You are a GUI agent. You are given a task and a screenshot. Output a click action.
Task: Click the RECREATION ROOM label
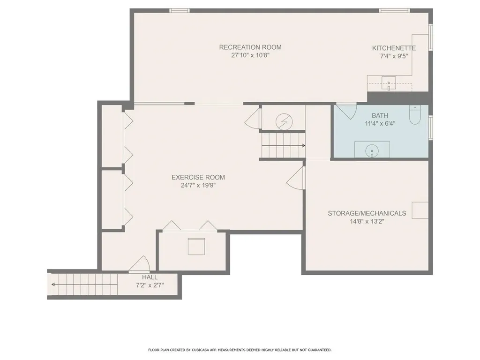pyautogui.click(x=250, y=47)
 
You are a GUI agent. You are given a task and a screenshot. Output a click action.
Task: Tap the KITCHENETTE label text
pyautogui.click(x=394, y=48)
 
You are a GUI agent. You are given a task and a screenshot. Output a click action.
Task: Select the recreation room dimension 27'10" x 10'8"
pyautogui.click(x=250, y=55)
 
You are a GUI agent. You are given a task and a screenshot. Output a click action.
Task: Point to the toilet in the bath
pyautogui.click(x=415, y=115)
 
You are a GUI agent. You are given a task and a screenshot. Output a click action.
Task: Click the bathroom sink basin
pyautogui.click(x=372, y=151)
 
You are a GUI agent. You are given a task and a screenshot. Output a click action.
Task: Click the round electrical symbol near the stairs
pyautogui.click(x=283, y=121)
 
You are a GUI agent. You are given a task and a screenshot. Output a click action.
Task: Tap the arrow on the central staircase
pyautogui.click(x=302, y=146)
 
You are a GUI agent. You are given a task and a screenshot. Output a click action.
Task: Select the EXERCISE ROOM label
pyautogui.click(x=198, y=177)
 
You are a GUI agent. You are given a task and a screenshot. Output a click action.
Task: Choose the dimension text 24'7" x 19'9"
pyautogui.click(x=198, y=185)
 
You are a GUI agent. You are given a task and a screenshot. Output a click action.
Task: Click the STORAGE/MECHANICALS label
pyautogui.click(x=367, y=213)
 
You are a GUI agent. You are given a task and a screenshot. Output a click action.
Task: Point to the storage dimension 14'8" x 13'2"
pyautogui.click(x=367, y=221)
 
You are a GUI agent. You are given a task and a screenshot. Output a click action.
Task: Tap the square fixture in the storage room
pyautogui.click(x=420, y=210)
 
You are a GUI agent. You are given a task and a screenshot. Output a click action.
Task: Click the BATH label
pyautogui.click(x=380, y=115)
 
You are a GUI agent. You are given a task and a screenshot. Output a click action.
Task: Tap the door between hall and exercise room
pyautogui.click(x=139, y=265)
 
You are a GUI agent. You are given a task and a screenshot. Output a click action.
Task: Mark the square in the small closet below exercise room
pyautogui.click(x=196, y=247)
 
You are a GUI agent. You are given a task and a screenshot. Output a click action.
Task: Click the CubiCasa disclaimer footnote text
pyautogui.click(x=240, y=350)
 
